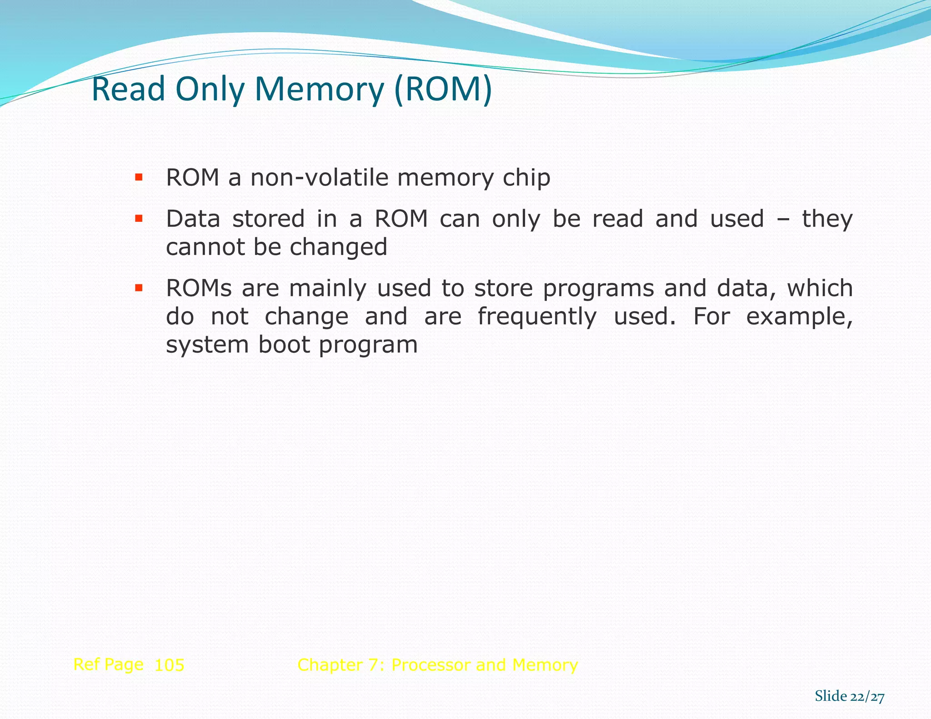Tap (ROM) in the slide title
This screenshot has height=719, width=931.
point(443,89)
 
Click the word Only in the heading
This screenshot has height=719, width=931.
point(210,89)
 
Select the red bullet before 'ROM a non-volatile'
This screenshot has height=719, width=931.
point(139,177)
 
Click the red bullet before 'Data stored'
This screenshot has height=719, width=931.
point(139,219)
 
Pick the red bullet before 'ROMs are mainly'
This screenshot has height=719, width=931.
point(139,288)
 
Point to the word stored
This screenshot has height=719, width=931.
point(268,219)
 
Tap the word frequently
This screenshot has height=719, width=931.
point(537,317)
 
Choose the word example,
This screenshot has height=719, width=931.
point(799,317)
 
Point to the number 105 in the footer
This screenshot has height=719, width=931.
point(169,665)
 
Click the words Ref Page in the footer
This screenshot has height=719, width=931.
point(108,665)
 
